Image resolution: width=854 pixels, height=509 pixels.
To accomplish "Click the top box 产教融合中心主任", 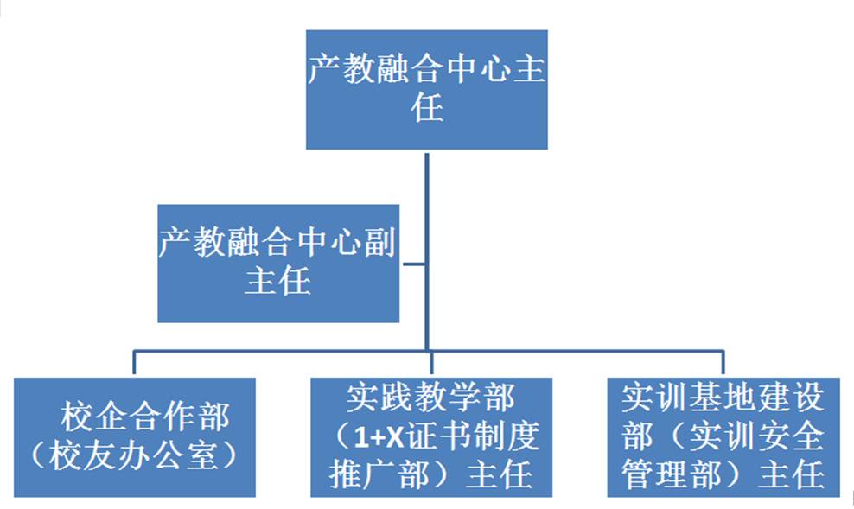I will click(x=427, y=90).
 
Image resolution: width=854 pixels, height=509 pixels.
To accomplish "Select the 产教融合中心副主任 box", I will click(x=277, y=263).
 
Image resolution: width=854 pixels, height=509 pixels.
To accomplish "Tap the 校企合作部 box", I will click(x=135, y=436).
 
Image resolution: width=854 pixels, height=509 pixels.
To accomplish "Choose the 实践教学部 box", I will click(x=431, y=436).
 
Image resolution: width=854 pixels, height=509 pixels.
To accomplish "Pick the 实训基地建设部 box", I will click(x=723, y=436).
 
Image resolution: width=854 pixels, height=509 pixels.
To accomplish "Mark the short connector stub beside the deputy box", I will click(x=412, y=263).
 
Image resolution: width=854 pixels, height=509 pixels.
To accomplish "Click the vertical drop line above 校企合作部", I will click(x=134, y=363).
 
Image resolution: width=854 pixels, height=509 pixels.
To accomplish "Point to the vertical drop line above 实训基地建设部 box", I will click(x=723, y=363).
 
